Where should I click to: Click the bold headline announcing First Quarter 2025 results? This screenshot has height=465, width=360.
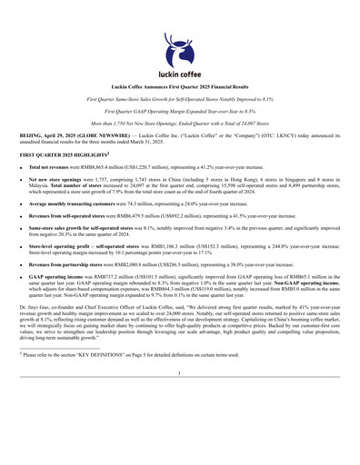click(x=179, y=85)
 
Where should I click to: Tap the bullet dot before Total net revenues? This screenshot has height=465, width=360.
click(x=21, y=169)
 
